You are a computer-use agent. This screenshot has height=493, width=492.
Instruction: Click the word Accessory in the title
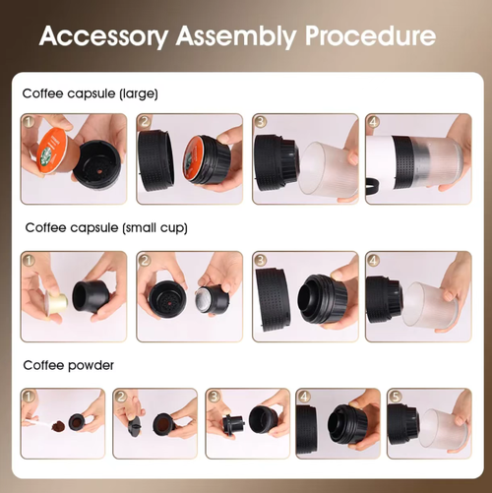pos(101,36)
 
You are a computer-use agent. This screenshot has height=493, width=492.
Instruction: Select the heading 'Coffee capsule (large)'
pos(90,93)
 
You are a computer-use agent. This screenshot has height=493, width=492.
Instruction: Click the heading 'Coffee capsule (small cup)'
pos(105,228)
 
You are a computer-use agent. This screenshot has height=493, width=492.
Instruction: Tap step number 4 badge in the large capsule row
pos(373,123)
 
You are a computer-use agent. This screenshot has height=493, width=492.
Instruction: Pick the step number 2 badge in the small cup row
pos(145,261)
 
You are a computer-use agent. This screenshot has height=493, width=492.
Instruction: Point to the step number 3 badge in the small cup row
pos(260,261)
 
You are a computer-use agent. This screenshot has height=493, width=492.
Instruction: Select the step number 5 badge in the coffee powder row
pos(396,398)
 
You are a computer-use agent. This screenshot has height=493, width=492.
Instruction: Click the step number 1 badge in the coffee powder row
pos(30,398)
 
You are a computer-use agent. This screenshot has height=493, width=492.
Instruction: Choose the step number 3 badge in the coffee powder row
pos(214,398)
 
